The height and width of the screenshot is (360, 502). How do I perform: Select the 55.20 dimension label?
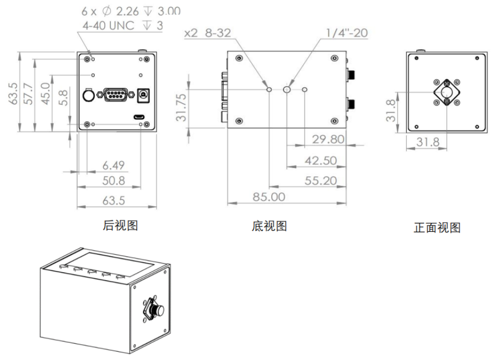tap(321, 181)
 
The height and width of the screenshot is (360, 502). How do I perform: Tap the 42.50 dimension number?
tap(321, 161)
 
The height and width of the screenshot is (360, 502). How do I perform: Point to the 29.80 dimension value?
tap(328, 139)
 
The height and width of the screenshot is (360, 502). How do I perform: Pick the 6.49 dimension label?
tap(114, 165)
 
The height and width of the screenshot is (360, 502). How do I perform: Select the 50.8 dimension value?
tap(114, 181)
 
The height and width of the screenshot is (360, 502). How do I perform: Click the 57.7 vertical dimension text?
tap(29, 89)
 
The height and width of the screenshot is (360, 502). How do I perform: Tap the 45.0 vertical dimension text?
tap(46, 94)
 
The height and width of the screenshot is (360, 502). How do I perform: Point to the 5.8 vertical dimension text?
tap(63, 97)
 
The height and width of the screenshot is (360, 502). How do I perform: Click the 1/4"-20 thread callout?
tap(347, 33)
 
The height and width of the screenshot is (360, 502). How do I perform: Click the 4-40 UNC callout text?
tap(122, 25)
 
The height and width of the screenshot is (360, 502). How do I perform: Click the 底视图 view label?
tap(269, 226)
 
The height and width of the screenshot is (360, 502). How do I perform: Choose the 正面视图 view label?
tap(437, 228)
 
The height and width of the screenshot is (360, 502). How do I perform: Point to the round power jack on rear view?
tap(142, 95)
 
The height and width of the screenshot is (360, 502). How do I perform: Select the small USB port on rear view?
tap(139, 116)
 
